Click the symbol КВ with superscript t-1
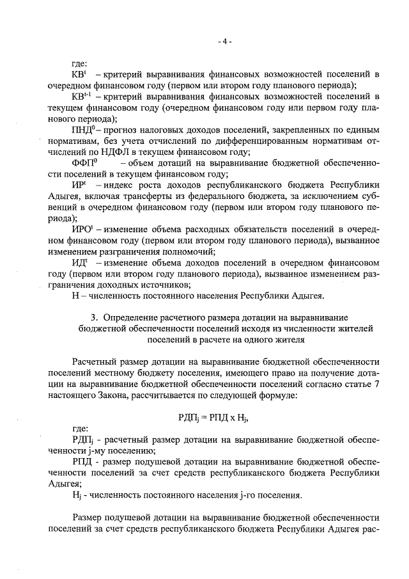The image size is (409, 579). pyautogui.click(x=83, y=97)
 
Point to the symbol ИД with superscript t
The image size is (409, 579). pyautogui.click(x=81, y=262)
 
